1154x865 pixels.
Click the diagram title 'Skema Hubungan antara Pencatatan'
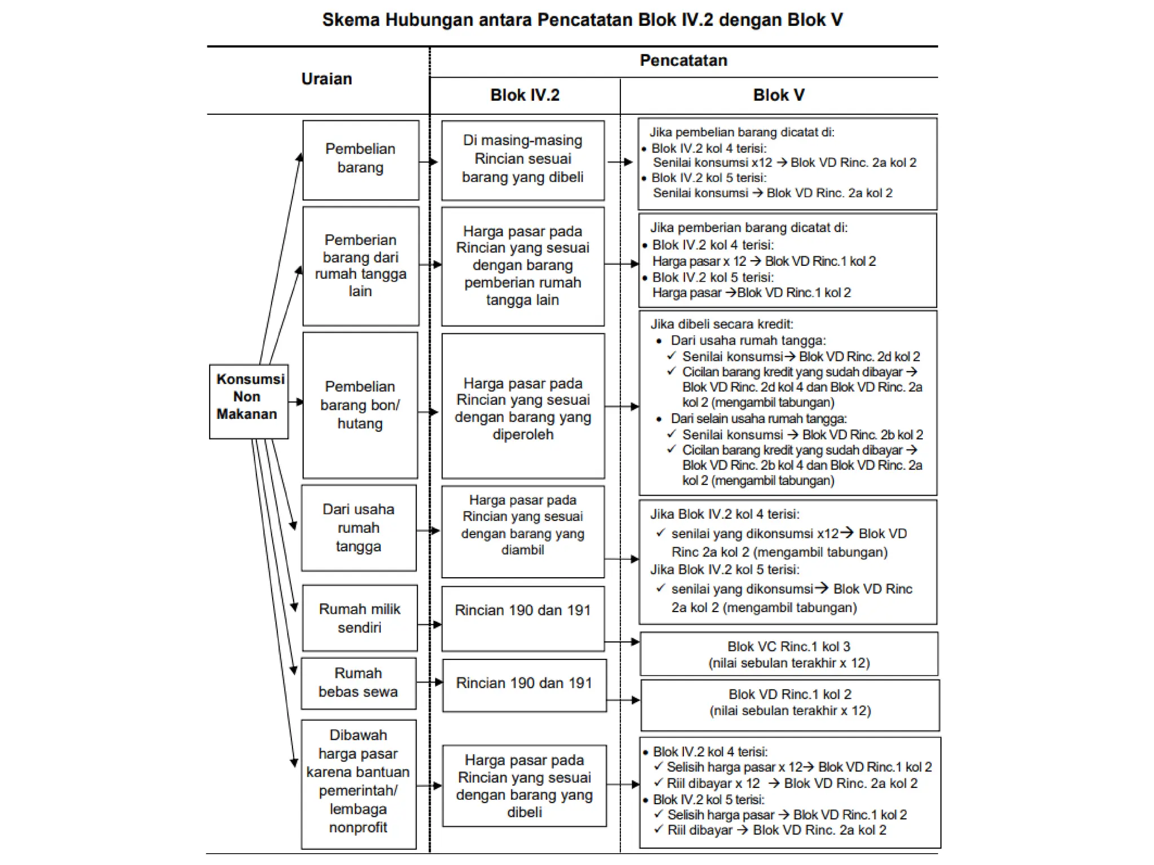(582, 20)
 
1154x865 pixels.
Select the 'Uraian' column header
(326, 79)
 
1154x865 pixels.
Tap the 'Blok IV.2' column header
(525, 95)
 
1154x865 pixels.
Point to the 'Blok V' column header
(779, 95)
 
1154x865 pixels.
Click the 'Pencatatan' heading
(683, 61)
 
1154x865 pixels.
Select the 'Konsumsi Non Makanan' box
(248, 401)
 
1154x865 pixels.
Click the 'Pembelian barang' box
(361, 160)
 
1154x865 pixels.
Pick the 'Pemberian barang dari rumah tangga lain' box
(361, 266)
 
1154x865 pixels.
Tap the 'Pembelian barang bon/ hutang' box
(360, 405)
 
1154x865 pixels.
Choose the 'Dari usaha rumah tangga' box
(359, 528)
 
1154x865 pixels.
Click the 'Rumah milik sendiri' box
(359, 618)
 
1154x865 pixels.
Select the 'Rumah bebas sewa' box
(358, 683)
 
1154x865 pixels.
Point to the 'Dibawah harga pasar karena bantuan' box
(358, 783)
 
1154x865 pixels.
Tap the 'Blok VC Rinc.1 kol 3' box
(789, 654)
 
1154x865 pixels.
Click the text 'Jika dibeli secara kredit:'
(722, 324)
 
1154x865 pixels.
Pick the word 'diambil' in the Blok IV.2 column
(523, 550)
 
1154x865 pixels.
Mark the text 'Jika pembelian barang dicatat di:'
(742, 132)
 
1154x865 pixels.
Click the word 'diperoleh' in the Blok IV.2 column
(523, 435)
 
